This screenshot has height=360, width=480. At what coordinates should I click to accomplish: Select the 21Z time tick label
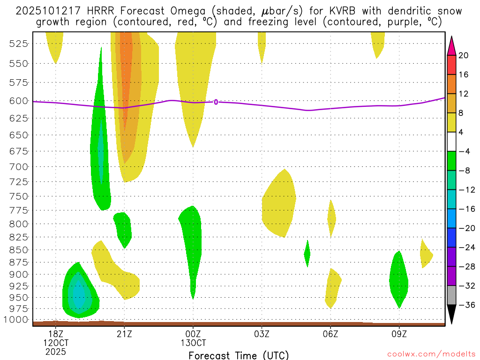tap(124, 334)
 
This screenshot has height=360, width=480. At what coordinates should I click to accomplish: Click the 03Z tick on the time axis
tap(262, 334)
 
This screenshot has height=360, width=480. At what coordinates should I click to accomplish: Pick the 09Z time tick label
tap(399, 334)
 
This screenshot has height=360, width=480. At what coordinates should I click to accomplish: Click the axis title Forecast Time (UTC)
tap(239, 355)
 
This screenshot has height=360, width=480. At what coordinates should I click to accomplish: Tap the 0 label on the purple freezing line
tap(216, 102)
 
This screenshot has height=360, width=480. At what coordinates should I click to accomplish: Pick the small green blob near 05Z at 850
tap(307, 254)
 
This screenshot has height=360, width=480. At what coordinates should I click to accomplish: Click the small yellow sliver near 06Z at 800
tap(331, 218)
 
